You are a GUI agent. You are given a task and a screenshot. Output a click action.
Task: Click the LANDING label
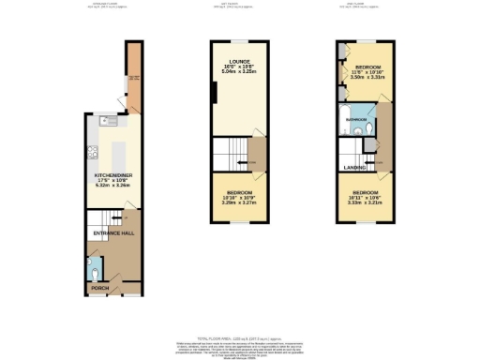coord(354,167)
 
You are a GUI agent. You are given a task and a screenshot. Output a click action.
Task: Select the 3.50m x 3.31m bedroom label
coord(367,78)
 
